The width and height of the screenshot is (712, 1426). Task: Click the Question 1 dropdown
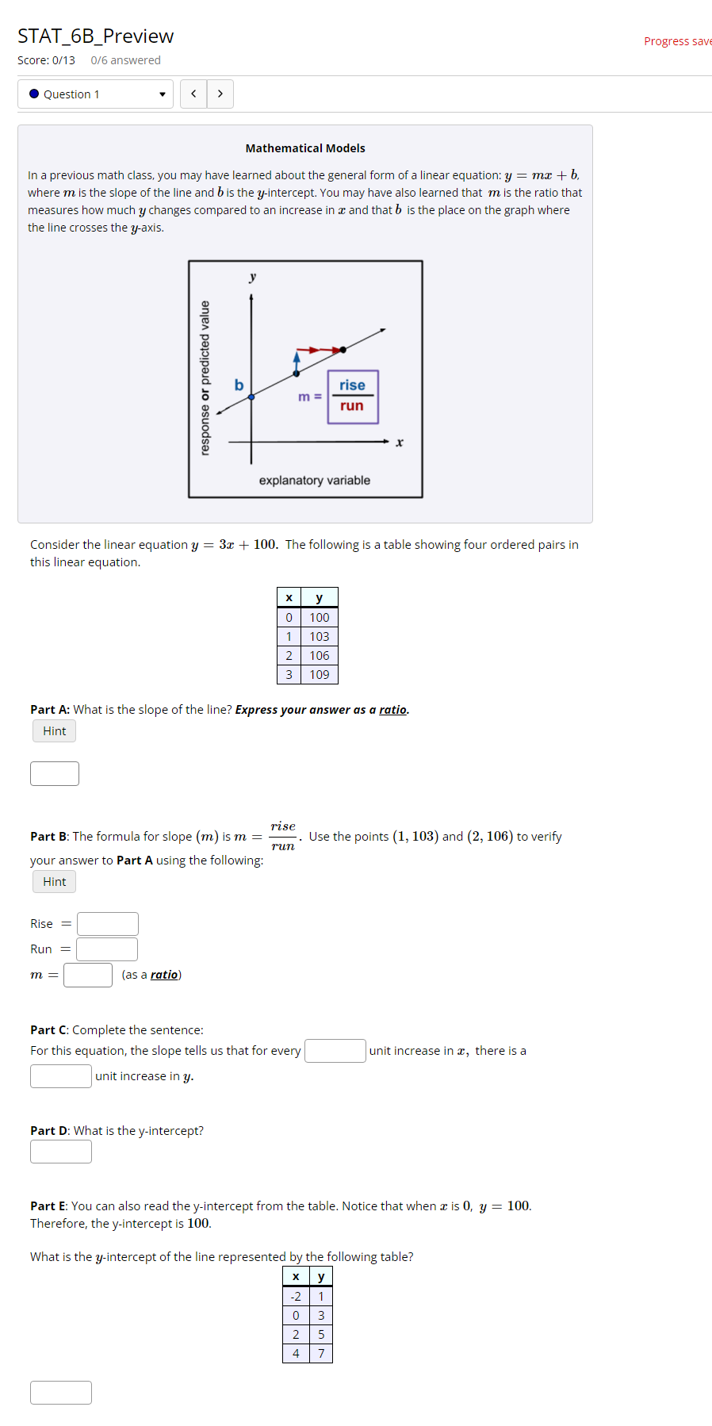95,94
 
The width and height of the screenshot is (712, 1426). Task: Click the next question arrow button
220,94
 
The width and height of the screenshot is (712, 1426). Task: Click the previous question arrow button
193,94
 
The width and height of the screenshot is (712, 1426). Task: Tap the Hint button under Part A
55,731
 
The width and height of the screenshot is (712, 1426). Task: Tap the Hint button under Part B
55,882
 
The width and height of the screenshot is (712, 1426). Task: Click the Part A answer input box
55,773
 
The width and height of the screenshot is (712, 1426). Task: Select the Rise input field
108,924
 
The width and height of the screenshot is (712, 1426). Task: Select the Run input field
107,949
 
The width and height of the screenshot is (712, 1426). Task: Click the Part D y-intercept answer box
61,1152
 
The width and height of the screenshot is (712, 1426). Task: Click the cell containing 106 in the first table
320,656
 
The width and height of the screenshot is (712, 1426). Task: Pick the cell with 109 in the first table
320,675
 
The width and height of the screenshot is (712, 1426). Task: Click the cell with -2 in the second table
296,1297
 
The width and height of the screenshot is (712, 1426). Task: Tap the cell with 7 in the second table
321,1354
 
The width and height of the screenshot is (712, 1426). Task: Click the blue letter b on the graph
239,385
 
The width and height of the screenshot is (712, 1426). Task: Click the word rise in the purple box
352,385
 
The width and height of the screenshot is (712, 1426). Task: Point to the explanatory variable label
314,481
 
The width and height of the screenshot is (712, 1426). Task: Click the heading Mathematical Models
305,148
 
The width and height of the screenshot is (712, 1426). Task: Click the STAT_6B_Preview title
95,36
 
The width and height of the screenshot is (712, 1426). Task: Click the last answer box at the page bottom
61,1393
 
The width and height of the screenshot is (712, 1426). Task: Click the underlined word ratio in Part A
392,710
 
